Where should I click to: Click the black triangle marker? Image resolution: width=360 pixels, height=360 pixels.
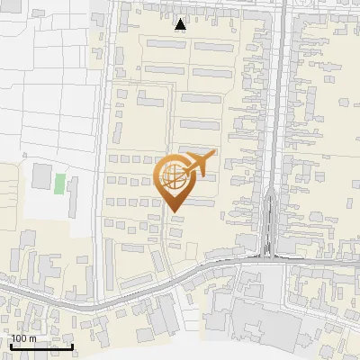point(181,24)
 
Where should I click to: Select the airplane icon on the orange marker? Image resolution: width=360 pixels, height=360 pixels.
point(200,163)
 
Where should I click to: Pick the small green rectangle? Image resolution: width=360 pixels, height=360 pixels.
point(60,183)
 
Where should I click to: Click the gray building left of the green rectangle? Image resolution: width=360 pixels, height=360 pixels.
point(42,176)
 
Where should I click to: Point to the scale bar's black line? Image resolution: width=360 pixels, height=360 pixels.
point(41,346)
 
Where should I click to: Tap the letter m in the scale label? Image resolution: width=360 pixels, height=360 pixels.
point(32,338)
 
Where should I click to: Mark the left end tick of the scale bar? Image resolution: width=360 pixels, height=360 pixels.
point(11,345)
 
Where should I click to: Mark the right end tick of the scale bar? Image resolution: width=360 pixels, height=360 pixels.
point(72,345)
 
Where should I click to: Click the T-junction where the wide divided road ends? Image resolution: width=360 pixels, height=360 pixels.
point(267,256)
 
